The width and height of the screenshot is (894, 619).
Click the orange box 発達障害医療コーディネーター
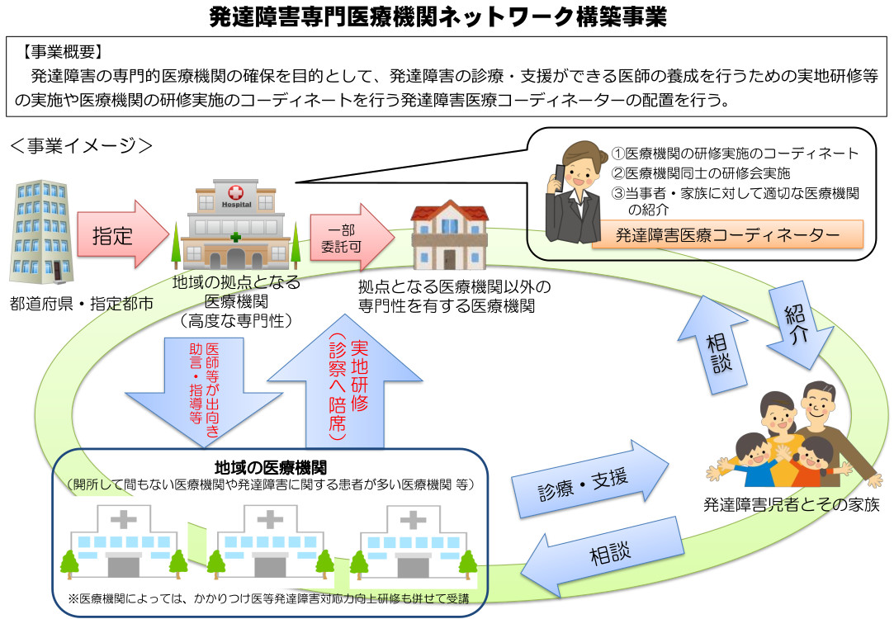point(727,235)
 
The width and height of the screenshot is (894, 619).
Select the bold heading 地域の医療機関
point(270,467)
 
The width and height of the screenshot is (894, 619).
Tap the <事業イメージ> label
point(81,146)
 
